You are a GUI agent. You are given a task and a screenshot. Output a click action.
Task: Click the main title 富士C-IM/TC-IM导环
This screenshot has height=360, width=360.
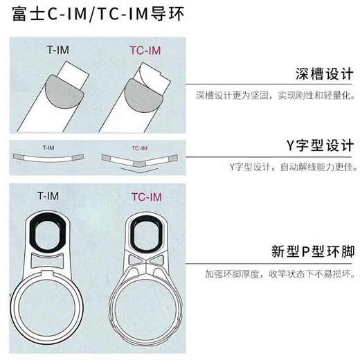[98, 14]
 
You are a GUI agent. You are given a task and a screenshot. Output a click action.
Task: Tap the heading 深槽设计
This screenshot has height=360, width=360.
[324, 74]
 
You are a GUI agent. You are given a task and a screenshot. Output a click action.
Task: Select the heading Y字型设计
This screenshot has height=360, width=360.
[320, 145]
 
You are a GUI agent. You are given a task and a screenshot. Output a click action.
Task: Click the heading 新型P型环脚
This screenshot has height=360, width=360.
[313, 251]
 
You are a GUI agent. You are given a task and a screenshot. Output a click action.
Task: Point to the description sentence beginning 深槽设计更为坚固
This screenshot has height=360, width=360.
[276, 96]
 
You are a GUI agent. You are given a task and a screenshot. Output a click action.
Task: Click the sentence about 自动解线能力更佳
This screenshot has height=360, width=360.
[293, 167]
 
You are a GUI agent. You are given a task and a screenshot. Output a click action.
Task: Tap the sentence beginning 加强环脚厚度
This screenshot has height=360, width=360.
[280, 274]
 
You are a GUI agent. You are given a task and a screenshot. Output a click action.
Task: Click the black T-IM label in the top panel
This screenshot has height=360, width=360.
[57, 50]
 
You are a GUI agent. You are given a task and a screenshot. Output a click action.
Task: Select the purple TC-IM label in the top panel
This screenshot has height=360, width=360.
[145, 51]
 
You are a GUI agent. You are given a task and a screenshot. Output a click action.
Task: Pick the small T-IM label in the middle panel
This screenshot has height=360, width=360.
[48, 147]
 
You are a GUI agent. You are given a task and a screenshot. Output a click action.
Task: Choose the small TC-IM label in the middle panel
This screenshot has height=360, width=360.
[140, 148]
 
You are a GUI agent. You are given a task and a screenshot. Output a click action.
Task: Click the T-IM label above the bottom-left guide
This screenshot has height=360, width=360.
[48, 196]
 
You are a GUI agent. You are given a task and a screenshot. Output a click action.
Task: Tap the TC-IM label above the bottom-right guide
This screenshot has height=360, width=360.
[147, 197]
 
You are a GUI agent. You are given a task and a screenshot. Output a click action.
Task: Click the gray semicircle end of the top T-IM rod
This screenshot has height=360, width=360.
[64, 92]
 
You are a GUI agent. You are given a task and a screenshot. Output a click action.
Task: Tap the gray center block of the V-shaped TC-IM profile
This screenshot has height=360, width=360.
[139, 163]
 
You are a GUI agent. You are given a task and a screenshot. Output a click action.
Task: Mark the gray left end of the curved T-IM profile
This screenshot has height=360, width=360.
[18, 157]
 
